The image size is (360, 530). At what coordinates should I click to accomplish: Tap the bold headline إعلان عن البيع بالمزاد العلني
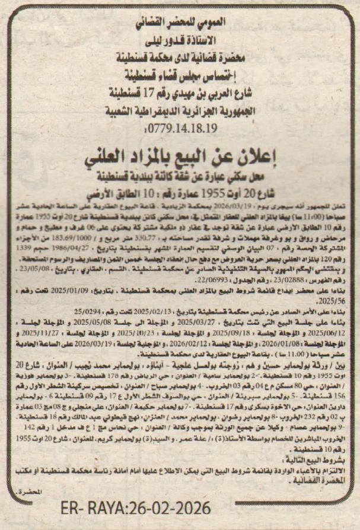(x=180, y=159)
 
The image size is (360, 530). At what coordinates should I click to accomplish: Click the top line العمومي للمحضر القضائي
(x=180, y=24)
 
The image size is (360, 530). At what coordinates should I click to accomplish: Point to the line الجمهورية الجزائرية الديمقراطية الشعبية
(x=180, y=110)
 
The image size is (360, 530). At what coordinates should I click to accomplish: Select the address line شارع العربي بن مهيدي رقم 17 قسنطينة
(x=180, y=93)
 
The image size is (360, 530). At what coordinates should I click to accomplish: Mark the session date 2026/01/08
(x=282, y=341)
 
